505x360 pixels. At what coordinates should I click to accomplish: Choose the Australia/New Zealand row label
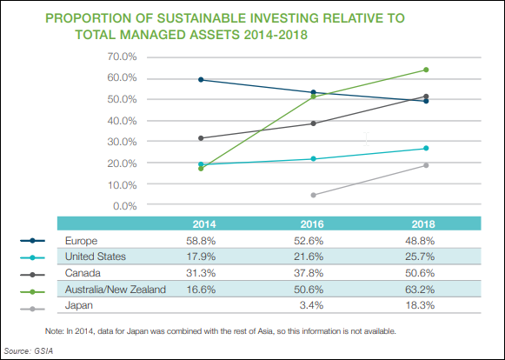[115, 290]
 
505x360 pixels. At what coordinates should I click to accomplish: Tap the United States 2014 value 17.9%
[201, 257]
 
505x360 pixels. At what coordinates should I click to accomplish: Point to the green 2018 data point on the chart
[426, 70]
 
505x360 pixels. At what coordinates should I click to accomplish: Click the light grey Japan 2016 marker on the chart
[313, 195]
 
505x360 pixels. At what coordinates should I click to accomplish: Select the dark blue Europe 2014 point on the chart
[201, 79]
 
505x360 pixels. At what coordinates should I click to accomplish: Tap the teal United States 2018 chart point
[426, 149]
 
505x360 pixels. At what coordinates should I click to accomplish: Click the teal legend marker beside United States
[31, 257]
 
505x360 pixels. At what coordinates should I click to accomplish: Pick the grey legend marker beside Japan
[31, 306]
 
